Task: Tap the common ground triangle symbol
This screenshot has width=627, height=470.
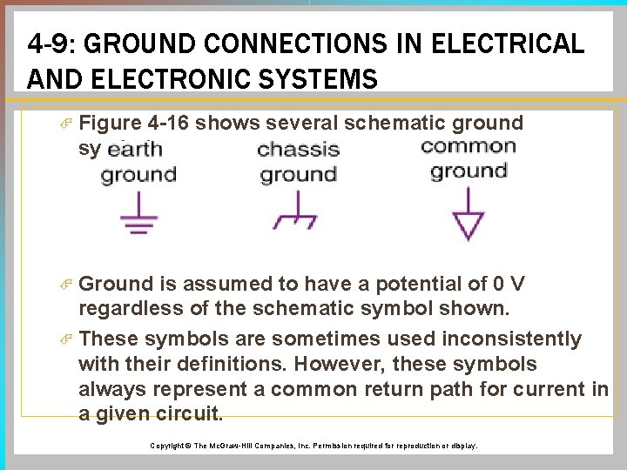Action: tap(468, 223)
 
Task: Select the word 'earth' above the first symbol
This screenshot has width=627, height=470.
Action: tap(136, 149)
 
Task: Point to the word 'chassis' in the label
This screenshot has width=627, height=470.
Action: tap(298, 149)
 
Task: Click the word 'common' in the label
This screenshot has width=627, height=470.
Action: tap(468, 145)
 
